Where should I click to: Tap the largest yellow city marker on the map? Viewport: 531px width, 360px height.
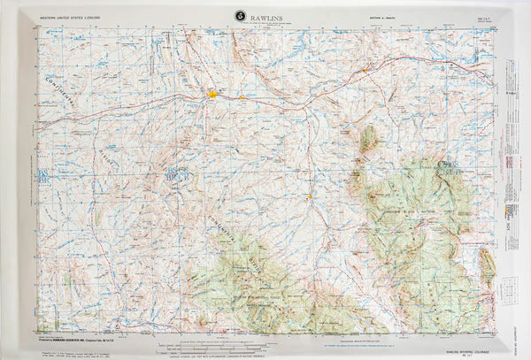212,91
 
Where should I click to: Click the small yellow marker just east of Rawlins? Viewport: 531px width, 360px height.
242,96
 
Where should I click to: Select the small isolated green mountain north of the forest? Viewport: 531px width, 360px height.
367,138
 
